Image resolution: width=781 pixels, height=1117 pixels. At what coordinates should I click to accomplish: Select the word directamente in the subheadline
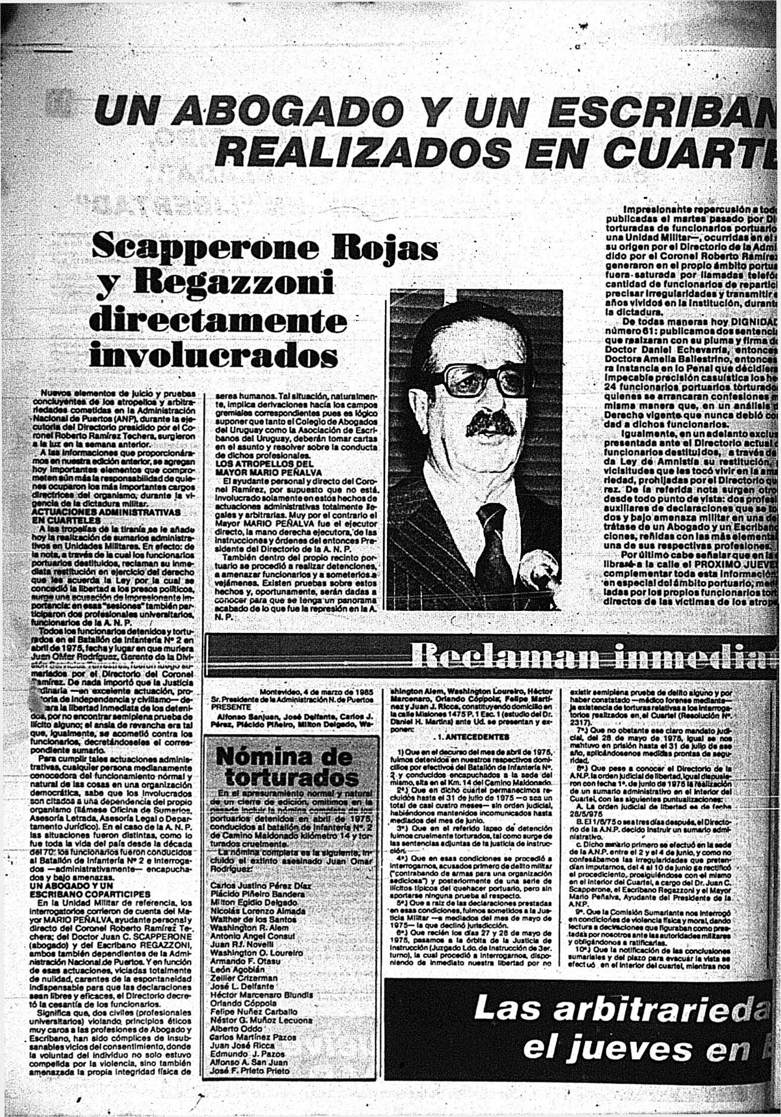pyautogui.click(x=217, y=322)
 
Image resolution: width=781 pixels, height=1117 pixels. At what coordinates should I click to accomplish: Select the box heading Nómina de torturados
pyautogui.click(x=285, y=766)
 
